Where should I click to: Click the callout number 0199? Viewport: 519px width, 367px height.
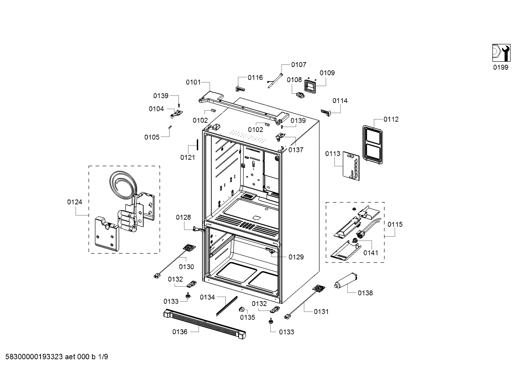tap(501, 67)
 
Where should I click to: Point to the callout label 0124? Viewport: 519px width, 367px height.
tap(75, 202)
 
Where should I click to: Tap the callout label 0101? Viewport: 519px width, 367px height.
tap(193, 82)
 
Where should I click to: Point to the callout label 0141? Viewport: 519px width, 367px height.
tap(370, 253)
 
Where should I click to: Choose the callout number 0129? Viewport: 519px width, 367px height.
tap(296, 257)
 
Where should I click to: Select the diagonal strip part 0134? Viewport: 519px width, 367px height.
tap(227, 306)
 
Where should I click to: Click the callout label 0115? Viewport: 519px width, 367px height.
tap(395, 224)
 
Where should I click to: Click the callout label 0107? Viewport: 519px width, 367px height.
tap(298, 64)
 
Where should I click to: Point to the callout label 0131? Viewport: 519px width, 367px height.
tap(321, 312)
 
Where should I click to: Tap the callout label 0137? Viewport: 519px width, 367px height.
tap(295, 150)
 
